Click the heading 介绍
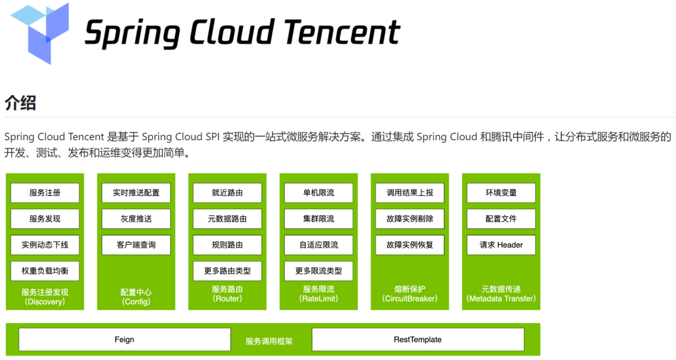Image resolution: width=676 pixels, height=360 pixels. (x=20, y=102)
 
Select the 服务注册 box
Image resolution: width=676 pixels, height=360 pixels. (x=45, y=193)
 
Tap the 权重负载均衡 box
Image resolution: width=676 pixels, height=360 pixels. (x=45, y=271)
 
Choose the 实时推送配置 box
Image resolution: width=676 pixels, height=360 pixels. (x=136, y=193)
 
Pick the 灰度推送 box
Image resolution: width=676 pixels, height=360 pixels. (x=136, y=219)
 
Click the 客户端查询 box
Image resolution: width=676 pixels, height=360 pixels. (x=136, y=245)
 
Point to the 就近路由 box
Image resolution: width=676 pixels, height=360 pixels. (x=228, y=193)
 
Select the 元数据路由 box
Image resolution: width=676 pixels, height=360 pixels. (x=228, y=219)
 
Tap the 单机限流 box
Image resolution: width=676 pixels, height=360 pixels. (x=319, y=193)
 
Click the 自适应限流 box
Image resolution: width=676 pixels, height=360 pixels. (x=319, y=245)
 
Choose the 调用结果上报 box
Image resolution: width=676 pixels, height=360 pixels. (x=410, y=193)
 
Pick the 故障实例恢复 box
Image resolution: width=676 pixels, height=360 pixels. (x=410, y=245)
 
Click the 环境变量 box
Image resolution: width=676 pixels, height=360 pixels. (x=501, y=193)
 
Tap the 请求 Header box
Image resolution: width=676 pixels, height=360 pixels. (x=501, y=245)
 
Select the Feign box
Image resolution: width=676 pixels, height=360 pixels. (x=125, y=339)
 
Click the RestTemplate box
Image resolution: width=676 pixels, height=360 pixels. (x=417, y=339)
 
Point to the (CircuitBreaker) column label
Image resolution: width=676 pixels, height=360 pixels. (x=410, y=299)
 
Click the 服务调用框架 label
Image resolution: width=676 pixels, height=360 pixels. (x=269, y=342)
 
